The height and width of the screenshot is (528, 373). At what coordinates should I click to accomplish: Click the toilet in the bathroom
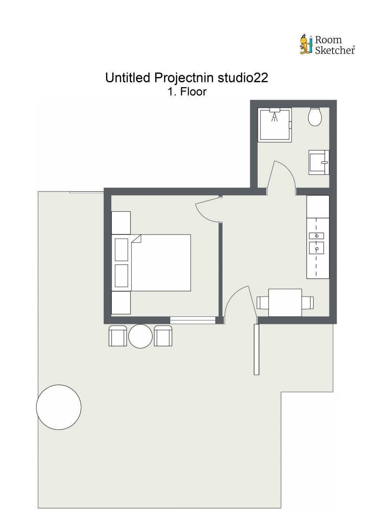pyautogui.click(x=315, y=117)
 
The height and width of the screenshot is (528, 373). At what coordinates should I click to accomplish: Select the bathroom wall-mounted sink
pyautogui.click(x=319, y=162)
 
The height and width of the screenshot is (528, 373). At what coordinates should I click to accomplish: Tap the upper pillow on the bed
pyautogui.click(x=121, y=249)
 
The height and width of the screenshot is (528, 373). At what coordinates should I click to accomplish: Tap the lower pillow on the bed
pyautogui.click(x=121, y=275)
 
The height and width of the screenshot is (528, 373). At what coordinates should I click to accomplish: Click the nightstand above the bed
pyautogui.click(x=121, y=223)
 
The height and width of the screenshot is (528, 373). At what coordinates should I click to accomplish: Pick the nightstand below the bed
pyautogui.click(x=121, y=303)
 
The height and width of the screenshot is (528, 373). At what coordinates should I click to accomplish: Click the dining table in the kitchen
pyautogui.click(x=285, y=303)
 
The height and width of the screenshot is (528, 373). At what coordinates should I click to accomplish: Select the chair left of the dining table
pyautogui.click(x=263, y=303)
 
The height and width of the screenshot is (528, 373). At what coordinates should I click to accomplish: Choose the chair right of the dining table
pyautogui.click(x=307, y=303)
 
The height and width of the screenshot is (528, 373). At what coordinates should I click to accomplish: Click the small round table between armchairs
pyautogui.click(x=140, y=336)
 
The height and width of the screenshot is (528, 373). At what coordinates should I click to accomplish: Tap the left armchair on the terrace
pyautogui.click(x=117, y=336)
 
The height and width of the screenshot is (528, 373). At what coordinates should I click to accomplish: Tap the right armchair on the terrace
pyautogui.click(x=163, y=336)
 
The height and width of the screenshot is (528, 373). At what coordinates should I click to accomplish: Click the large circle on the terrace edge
pyautogui.click(x=59, y=407)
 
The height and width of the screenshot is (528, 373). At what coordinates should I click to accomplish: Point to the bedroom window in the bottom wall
pyautogui.click(x=193, y=320)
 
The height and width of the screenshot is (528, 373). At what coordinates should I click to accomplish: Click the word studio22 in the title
pyautogui.click(x=243, y=78)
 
